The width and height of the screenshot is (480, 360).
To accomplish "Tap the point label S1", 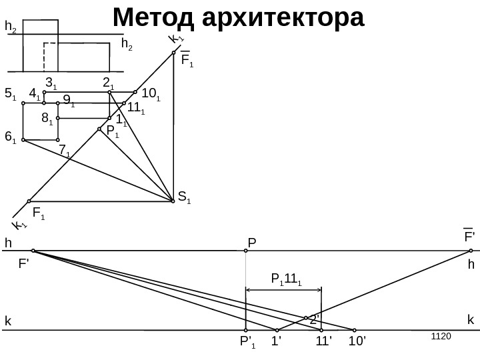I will click(x=185, y=197).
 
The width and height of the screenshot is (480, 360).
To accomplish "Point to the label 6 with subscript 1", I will click(x=10, y=137).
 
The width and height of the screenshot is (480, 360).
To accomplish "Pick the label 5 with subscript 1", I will click(x=10, y=95).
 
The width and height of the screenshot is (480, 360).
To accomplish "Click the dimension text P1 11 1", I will click(x=286, y=279).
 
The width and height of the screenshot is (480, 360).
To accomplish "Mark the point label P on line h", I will click(x=252, y=242).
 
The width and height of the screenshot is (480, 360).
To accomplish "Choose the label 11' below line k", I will click(x=324, y=342).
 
